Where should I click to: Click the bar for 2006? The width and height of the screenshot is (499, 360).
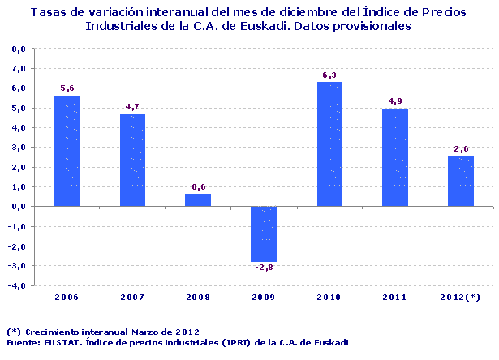tap(67, 151)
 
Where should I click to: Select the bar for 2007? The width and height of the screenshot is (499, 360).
tap(132, 160)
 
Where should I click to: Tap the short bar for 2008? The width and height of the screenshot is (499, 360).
tap(198, 199)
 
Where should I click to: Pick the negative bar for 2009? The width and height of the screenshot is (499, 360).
tap(264, 234)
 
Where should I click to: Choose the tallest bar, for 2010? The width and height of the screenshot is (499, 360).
tap(329, 144)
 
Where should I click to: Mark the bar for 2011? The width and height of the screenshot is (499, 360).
tap(395, 157)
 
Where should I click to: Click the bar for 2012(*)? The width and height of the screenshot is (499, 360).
tap(461, 180)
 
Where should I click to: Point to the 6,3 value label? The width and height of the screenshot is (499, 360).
tap(329, 75)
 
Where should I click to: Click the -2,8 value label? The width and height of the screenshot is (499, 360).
tap(264, 268)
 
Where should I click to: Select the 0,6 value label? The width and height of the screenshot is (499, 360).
tap(198, 187)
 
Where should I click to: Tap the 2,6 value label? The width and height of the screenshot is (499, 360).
tap(461, 148)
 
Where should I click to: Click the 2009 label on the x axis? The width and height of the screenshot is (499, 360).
tap(264, 298)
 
